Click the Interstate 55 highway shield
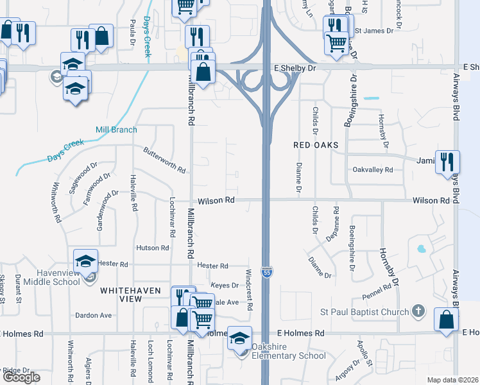[265, 272]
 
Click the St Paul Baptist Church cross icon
[418, 312]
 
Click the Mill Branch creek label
[116, 130]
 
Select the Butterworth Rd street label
[164, 160]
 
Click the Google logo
[21, 377]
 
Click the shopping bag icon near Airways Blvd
[446, 320]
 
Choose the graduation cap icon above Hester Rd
[85, 260]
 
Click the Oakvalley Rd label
[373, 169]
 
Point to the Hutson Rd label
[152, 248]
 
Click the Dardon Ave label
[93, 315]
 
